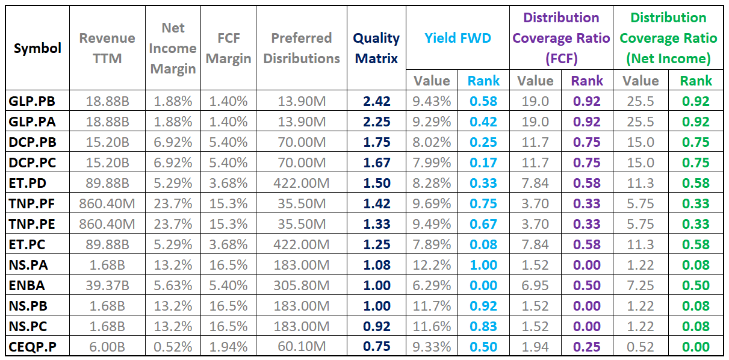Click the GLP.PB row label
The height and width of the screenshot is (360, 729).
[32, 101]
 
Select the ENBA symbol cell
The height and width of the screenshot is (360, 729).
[26, 285]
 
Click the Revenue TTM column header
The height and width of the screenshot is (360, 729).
[107, 48]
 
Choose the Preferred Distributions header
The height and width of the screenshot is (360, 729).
[302, 48]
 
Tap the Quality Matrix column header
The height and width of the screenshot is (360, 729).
[376, 48]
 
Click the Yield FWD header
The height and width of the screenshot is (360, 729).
[458, 39]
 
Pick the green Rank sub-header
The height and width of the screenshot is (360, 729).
[696, 81]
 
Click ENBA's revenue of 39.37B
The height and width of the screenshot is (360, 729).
[107, 285]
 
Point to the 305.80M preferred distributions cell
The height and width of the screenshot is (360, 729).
[302, 285]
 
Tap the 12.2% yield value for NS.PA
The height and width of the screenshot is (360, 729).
[432, 265]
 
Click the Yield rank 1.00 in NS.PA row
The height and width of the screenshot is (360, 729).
[483, 265]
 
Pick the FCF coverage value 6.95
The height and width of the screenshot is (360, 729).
[535, 285]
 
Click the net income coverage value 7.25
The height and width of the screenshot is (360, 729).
[640, 285]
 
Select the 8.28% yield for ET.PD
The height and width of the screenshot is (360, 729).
[432, 183]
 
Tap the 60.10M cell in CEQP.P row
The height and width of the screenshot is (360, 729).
[302, 347]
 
